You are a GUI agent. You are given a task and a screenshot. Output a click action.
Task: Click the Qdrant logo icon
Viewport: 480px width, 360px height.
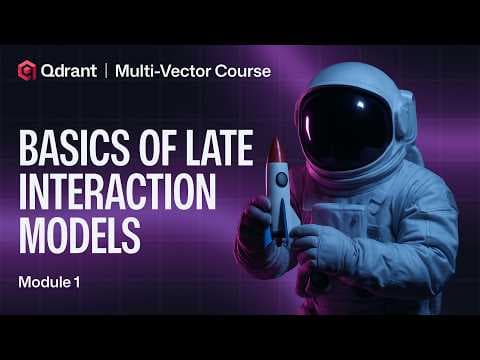[28, 70]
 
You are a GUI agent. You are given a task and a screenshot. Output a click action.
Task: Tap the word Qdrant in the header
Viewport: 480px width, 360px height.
[69, 70]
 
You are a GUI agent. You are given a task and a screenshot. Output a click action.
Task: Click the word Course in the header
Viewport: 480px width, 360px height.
[237, 70]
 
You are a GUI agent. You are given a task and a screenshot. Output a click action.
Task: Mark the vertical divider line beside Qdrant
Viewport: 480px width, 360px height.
[106, 70]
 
